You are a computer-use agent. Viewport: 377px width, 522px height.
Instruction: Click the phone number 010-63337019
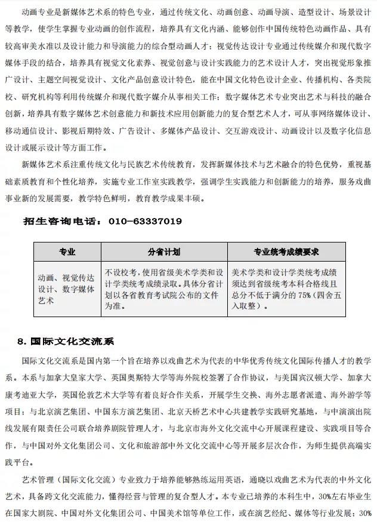coord(145,222)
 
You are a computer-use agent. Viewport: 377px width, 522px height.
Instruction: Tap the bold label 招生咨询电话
coord(63,222)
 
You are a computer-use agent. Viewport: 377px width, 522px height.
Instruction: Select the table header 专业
coord(67,251)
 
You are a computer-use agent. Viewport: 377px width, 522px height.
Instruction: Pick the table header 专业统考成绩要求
coord(286,251)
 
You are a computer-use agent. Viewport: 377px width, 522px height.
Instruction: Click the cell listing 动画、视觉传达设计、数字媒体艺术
coord(66,289)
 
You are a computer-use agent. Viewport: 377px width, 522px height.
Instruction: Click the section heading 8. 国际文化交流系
coord(66,342)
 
